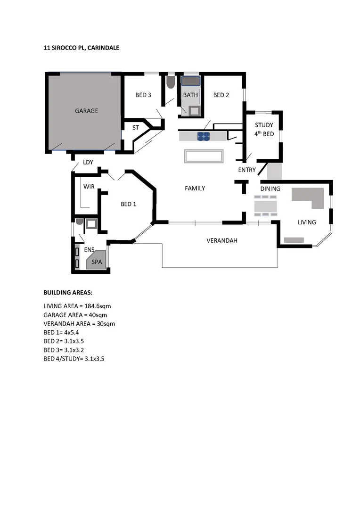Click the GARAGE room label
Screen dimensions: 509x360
86,111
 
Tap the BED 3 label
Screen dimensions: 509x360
143,95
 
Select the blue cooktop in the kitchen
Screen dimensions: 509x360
204,136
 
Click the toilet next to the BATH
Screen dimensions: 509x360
171,83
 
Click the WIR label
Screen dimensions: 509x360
89,187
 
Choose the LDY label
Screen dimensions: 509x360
88,162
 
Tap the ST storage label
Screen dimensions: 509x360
135,128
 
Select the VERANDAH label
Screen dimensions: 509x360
221,240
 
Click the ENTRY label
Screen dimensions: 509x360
247,170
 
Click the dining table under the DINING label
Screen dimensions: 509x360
266,206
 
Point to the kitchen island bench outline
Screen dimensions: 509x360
204,156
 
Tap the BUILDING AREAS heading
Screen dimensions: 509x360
68,292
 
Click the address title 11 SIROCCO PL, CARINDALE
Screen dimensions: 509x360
81,48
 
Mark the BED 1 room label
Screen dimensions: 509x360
128,204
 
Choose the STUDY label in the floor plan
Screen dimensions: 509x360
264,125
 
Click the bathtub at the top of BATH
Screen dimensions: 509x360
191,82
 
